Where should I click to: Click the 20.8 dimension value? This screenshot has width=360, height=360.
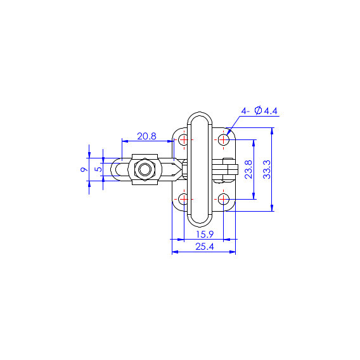point(146,136)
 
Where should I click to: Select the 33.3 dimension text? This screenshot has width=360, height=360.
point(267,169)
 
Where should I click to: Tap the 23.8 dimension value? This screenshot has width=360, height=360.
point(248,169)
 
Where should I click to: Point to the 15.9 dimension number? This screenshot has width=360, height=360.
point(205,235)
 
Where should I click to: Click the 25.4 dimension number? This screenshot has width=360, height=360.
point(205,247)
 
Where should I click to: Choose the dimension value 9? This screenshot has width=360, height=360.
point(84,169)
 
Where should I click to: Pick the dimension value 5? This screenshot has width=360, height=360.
point(98,169)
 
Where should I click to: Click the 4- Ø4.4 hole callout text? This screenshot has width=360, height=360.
point(259,111)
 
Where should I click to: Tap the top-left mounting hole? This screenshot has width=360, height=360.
point(184,139)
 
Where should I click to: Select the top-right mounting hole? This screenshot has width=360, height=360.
point(223,139)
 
